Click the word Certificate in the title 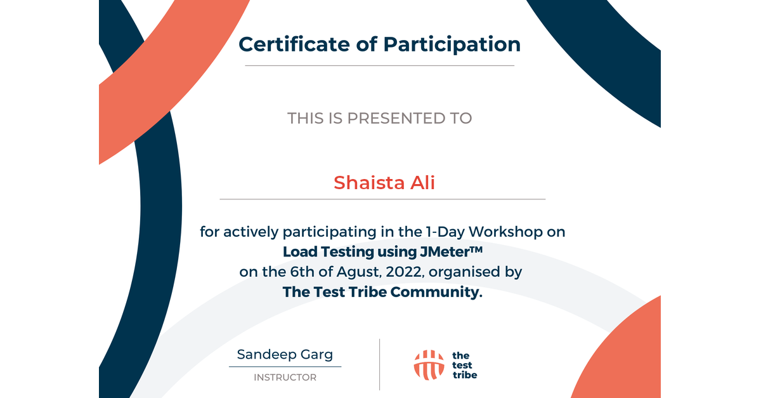point(294,44)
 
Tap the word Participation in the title point(452,45)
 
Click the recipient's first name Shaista point(369,183)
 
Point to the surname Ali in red point(422,182)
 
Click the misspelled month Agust point(360,272)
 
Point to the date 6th point(302,272)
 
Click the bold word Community point(436,292)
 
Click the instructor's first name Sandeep point(266,355)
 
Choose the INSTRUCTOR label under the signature point(285,377)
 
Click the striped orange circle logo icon point(429,365)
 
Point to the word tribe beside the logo point(465,375)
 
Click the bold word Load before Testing point(301,252)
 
